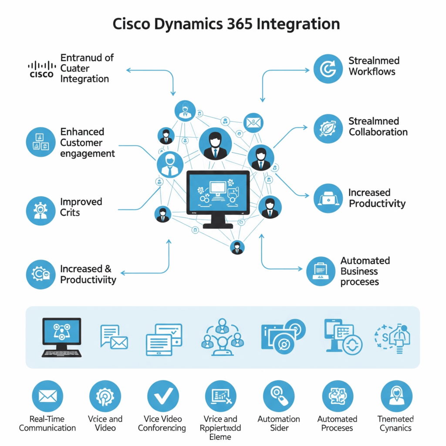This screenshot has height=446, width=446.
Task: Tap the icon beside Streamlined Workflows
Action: click(328, 69)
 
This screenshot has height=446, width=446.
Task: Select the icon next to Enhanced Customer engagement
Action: click(41, 142)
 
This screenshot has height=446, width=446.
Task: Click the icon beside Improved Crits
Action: click(41, 210)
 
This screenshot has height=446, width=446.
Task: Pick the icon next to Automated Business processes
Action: click(321, 271)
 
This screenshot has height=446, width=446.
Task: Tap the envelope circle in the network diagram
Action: click(254, 123)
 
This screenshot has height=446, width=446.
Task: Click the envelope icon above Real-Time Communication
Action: click(48, 396)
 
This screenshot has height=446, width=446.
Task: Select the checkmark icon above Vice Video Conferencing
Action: click(163, 396)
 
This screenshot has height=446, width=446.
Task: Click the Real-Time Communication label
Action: click(47, 423)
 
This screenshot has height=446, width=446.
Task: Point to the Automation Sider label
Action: click(279, 423)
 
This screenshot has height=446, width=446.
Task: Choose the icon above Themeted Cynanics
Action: click(396, 396)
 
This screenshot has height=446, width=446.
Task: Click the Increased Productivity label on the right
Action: click(377, 198)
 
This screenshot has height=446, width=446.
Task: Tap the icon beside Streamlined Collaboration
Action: click(328, 128)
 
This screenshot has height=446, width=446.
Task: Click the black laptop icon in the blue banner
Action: click(61, 337)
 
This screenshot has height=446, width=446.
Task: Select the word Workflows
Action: click(372, 71)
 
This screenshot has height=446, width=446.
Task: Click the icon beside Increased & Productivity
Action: click(41, 274)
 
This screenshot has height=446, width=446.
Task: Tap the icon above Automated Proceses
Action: click(338, 396)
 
